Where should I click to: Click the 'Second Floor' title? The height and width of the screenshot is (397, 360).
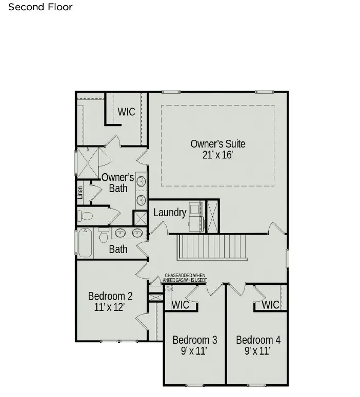tap(41, 7)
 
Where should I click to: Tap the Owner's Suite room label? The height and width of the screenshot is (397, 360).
tap(218, 143)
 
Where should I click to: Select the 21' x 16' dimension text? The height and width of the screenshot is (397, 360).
tap(218, 155)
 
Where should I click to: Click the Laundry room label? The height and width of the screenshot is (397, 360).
tap(170, 212)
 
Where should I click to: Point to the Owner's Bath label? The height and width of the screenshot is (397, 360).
tap(118, 183)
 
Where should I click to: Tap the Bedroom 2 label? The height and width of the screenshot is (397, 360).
tap(110, 296)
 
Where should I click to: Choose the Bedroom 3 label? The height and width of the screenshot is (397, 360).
tap(194, 340)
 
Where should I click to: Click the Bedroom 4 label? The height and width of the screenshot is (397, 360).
tap(258, 340)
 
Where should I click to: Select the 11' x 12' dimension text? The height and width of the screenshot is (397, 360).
tap(110, 307)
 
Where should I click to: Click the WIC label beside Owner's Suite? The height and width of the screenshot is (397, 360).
tap(127, 111)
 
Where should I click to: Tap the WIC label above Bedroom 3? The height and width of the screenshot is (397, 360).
tap(180, 305)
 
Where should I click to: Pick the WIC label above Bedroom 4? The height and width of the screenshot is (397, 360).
tap(270, 305)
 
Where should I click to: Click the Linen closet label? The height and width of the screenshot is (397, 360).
tap(81, 193)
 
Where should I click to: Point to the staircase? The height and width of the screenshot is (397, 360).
tap(212, 248)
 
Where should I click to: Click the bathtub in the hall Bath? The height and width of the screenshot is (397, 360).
tap(85, 243)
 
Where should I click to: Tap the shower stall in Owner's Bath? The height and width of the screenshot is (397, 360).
tap(88, 163)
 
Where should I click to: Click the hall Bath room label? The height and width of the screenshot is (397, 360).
tap(118, 249)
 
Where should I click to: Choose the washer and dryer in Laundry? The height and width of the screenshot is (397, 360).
tap(196, 216)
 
